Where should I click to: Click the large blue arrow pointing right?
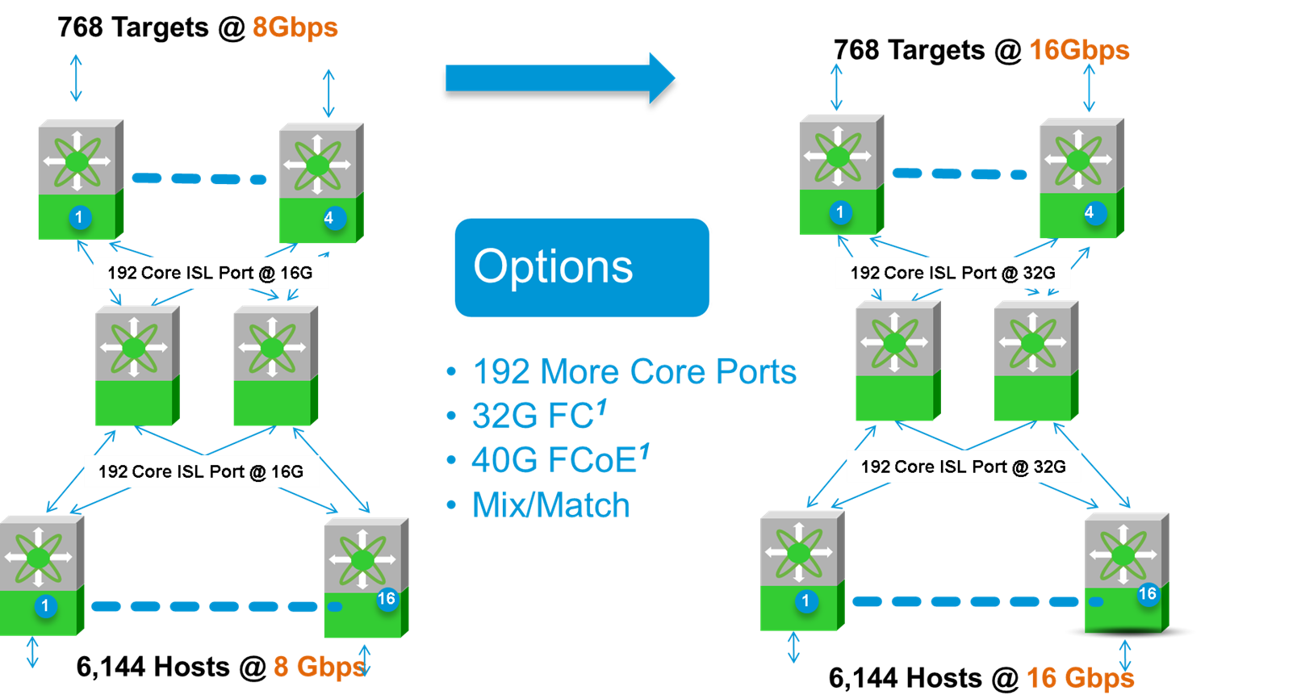coord(557,78)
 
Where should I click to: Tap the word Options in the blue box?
coord(553,266)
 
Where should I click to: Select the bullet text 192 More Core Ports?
coord(634,372)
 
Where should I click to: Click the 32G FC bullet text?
coord(533,416)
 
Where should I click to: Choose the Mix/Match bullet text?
coord(550,506)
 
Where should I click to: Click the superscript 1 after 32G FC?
coord(601,408)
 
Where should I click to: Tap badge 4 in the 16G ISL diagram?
coord(328,217)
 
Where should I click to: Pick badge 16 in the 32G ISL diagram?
coord(1147,594)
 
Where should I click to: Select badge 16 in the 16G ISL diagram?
coord(387,599)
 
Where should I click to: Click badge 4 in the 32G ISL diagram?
coord(1090,212)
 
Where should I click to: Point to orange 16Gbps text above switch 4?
coord(1079,50)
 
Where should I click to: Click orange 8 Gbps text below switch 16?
coord(319,667)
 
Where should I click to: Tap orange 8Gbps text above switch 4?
coord(295,27)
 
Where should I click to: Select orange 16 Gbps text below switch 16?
coord(1080,678)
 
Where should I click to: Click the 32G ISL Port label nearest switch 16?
coord(963,467)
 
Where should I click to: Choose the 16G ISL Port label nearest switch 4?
coord(210,273)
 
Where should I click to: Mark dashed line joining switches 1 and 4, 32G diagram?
coord(959,174)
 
